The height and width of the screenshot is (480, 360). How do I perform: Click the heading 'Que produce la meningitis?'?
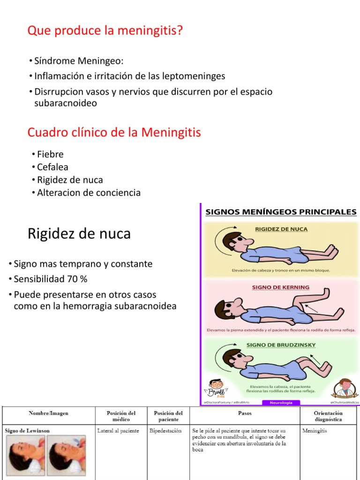coord(105,31)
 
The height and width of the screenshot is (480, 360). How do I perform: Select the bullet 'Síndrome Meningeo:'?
coord(78,61)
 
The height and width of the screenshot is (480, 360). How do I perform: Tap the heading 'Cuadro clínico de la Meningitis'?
coord(114,133)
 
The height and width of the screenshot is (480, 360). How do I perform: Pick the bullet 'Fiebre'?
coord(50,154)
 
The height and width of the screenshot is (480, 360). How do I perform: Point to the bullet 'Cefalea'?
coord(52,167)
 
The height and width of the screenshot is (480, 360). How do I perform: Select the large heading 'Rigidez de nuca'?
coord(79,233)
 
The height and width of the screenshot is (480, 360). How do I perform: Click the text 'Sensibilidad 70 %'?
coord(51,279)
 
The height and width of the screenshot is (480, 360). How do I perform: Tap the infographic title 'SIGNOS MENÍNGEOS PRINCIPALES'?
coord(281,212)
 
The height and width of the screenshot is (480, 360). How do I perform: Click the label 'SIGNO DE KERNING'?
coord(281,287)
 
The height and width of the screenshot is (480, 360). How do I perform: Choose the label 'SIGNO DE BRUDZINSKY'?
coord(281,345)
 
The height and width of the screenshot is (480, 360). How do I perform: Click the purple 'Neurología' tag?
coord(281,402)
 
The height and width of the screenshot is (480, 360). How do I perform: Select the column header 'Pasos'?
coord(245,413)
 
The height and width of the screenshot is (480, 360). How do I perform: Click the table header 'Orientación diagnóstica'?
coord(328,416)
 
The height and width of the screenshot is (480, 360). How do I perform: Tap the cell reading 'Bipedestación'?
coord(165,431)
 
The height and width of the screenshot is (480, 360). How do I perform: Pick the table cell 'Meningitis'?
coord(315,431)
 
